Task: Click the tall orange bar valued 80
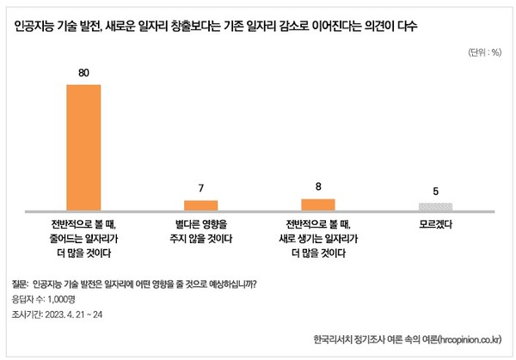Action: (84, 147)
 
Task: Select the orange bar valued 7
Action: (201, 204)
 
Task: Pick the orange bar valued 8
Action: (317, 204)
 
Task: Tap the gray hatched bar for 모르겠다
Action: (435, 206)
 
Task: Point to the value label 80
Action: (84, 73)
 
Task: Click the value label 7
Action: (201, 187)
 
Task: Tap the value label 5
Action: (435, 191)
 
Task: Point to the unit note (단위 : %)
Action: (484, 52)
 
